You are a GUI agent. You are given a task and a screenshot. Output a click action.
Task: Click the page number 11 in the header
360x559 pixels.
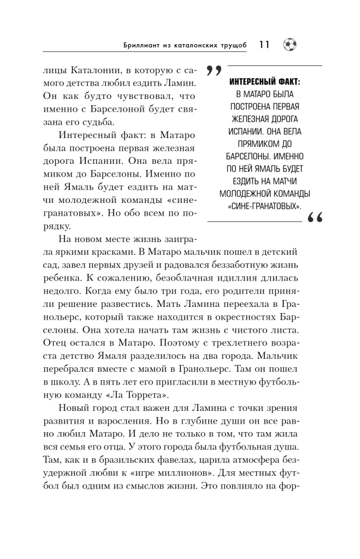click(264, 45)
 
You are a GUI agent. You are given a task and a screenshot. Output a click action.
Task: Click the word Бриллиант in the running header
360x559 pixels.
click(145, 45)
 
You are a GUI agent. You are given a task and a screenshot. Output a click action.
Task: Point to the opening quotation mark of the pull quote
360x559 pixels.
click(211, 71)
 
